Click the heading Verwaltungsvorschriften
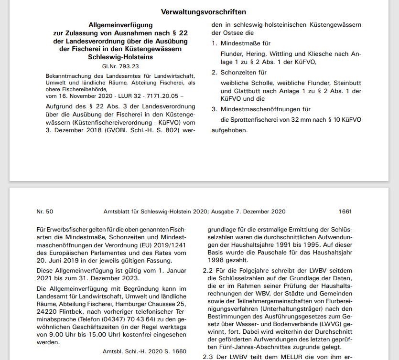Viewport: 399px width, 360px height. tap(204, 12)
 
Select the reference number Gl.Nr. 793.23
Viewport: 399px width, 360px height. tap(120, 66)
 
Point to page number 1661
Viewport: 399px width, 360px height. tap(345, 212)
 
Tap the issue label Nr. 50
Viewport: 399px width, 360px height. tap(45, 212)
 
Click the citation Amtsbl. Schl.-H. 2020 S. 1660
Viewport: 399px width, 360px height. tap(144, 351)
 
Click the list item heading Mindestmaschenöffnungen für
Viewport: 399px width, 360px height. tap(265, 109)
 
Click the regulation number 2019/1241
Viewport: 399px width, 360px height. tap(170, 245)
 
